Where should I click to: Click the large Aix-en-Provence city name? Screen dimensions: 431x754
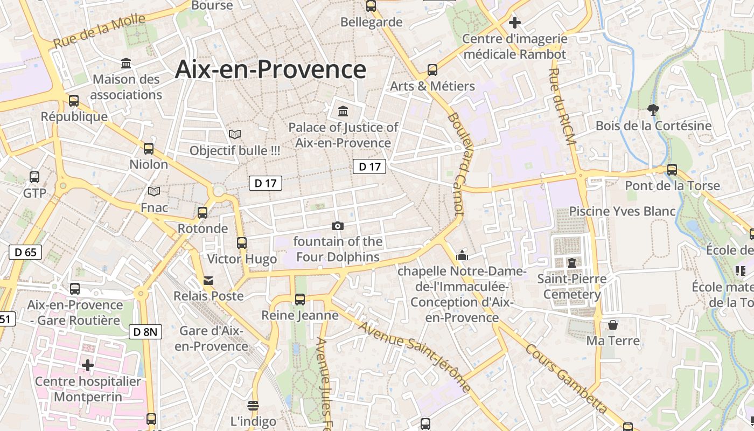coord(270,69)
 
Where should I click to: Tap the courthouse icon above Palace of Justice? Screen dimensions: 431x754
coord(343,112)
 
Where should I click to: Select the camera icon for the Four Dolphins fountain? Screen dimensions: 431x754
coord(338,226)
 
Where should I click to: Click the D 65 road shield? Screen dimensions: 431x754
coord(25,252)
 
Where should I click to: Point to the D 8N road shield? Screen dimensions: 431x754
coord(145,332)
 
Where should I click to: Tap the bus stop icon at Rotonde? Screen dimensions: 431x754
coord(203,213)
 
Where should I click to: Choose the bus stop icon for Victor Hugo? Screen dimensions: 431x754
coord(242,243)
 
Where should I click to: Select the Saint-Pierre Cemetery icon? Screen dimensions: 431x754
coord(571,263)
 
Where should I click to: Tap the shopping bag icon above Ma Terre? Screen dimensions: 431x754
coord(613,325)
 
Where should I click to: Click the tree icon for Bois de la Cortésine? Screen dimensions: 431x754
coord(653,110)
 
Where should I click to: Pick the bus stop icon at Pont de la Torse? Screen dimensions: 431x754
coord(672,170)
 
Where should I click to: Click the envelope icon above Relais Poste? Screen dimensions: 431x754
coord(208,280)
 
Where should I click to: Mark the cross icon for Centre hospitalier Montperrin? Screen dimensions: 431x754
coord(88,365)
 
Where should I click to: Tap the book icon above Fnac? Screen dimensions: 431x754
coord(154,192)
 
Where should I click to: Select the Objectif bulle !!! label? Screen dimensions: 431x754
coord(235,151)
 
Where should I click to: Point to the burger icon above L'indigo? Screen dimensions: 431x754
coord(253,405)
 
